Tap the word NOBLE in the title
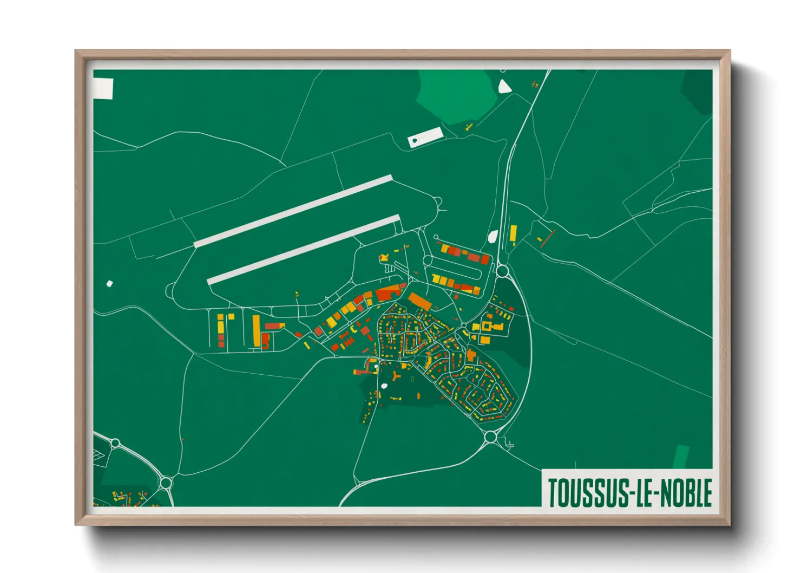(x=688, y=492)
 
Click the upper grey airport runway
(x=293, y=211)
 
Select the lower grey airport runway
(x=304, y=250)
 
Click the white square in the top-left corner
(x=103, y=89)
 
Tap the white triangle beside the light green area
(x=504, y=87)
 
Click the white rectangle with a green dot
(x=425, y=137)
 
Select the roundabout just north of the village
(x=502, y=270)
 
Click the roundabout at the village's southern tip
(x=491, y=437)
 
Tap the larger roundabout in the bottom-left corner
(x=166, y=482)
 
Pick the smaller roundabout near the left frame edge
(x=115, y=444)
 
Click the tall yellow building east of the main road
(x=513, y=234)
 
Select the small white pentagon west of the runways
(x=110, y=283)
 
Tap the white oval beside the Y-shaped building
(x=384, y=386)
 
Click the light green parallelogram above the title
(x=681, y=457)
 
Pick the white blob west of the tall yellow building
(x=493, y=237)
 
